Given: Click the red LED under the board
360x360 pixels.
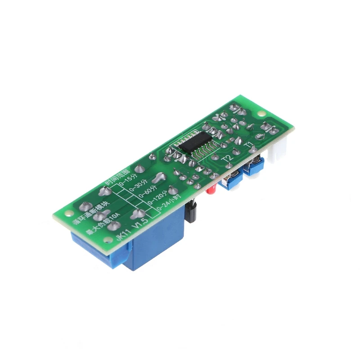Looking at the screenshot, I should tap(210, 191).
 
